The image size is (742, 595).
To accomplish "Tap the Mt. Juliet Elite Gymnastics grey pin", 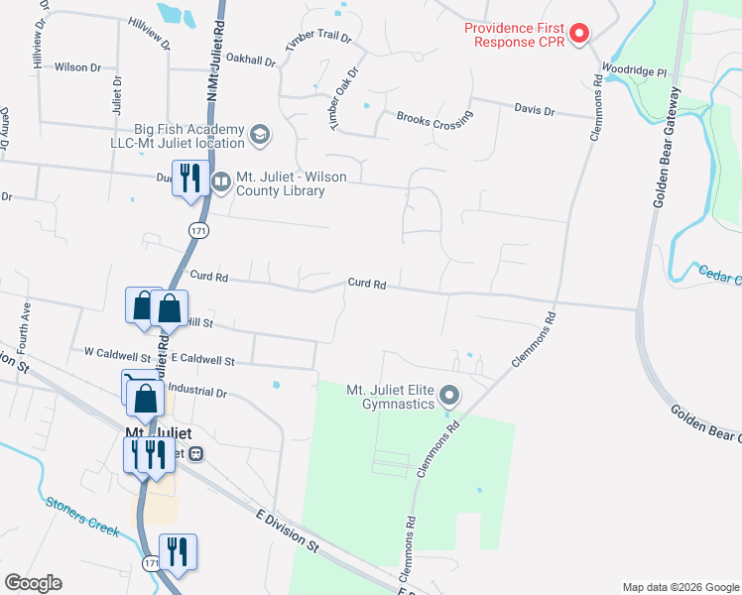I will pyautogui.click(x=449, y=397).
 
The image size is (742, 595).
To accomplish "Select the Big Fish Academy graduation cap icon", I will pyautogui.click(x=260, y=134).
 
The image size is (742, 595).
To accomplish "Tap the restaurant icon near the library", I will pyautogui.click(x=187, y=178).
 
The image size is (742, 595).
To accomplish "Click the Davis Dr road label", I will pyautogui.click(x=534, y=110).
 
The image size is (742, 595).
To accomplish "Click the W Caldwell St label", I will pyautogui.click(x=117, y=352).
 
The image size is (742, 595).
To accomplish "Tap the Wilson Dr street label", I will pyautogui.click(x=77, y=67).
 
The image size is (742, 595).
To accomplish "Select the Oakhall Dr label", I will pyautogui.click(x=250, y=59).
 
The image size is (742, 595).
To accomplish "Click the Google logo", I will pyautogui.click(x=33, y=583).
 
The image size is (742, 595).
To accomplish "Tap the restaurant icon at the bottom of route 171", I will pyautogui.click(x=178, y=551).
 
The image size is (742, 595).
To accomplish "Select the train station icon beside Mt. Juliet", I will pyautogui.click(x=196, y=453).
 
